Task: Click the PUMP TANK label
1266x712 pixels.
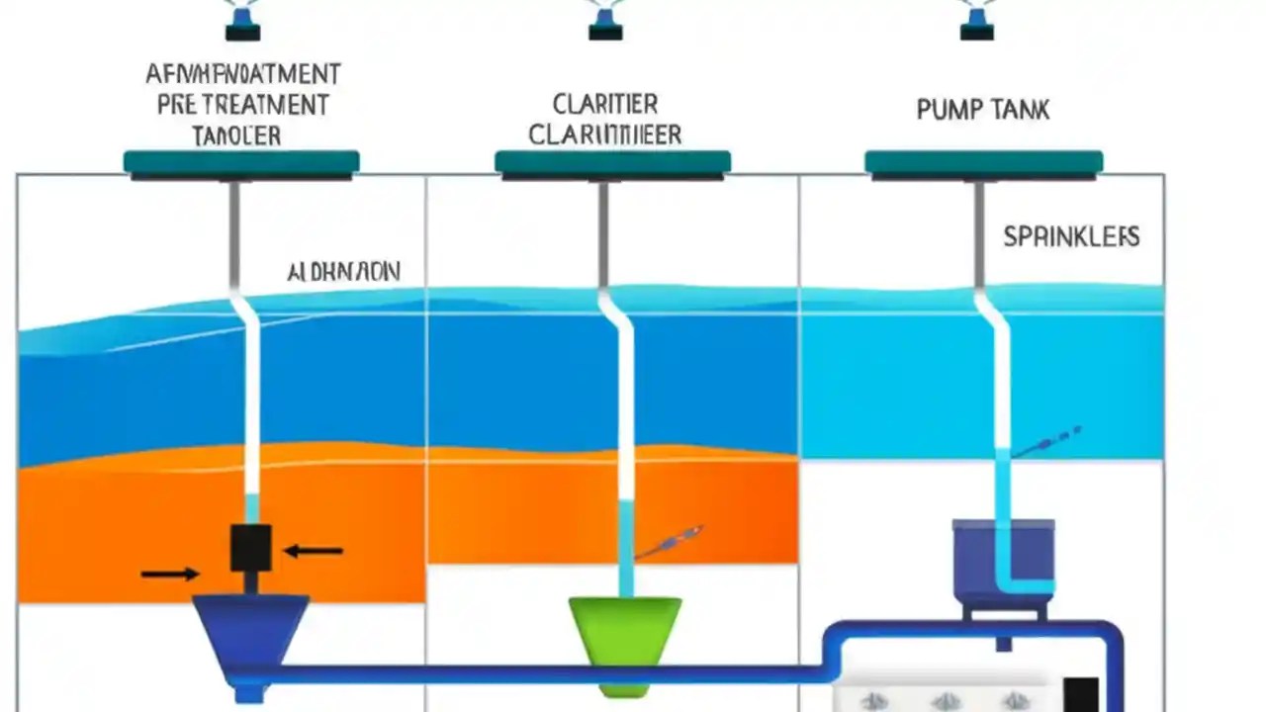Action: pyautogui.click(x=982, y=109)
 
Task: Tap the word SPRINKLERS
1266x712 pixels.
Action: pyautogui.click(x=1071, y=237)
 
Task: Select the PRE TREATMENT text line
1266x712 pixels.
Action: pyautogui.click(x=242, y=104)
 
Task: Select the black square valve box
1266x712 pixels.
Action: pyautogui.click(x=250, y=548)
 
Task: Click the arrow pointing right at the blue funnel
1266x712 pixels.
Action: pyautogui.click(x=169, y=573)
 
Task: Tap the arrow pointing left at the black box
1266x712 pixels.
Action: pyautogui.click(x=314, y=551)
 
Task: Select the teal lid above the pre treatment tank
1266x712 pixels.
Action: pyautogui.click(x=241, y=163)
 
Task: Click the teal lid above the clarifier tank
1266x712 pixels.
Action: pyautogui.click(x=612, y=163)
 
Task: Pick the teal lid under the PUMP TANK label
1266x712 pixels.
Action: pyautogui.click(x=983, y=163)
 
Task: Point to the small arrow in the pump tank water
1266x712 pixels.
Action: pyautogui.click(x=1050, y=441)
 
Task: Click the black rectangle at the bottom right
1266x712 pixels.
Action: pyautogui.click(x=1080, y=694)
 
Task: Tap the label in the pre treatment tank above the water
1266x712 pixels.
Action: pyautogui.click(x=343, y=273)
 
